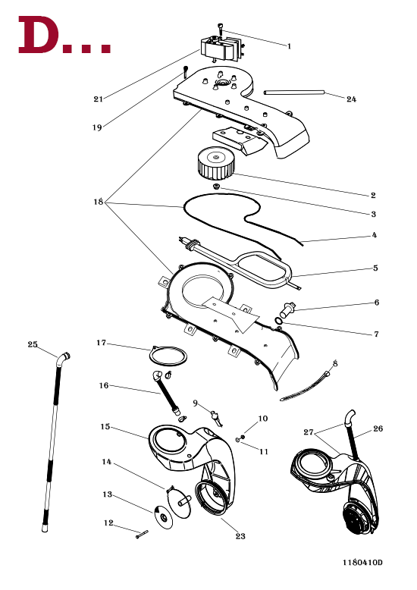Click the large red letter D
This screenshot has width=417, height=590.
pyautogui.click(x=39, y=35)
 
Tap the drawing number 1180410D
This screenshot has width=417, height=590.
pyautogui.click(x=362, y=562)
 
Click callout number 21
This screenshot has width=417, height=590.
pyautogui.click(x=99, y=99)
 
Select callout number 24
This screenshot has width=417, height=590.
pyautogui.click(x=351, y=99)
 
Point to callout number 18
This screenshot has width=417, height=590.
pyautogui.click(x=99, y=202)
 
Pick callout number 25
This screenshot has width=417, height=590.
pyautogui.click(x=33, y=344)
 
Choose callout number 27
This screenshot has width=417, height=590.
pyautogui.click(x=309, y=432)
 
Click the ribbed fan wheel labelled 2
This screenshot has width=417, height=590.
pyautogui.click(x=215, y=163)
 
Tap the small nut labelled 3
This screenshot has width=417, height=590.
pyautogui.click(x=216, y=187)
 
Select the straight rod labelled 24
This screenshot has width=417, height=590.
pyautogui.click(x=294, y=93)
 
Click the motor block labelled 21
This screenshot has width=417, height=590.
pyautogui.click(x=221, y=47)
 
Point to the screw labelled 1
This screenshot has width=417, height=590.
pyautogui.click(x=220, y=30)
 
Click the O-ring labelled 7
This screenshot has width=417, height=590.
pyautogui.click(x=278, y=321)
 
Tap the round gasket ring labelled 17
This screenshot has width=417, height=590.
pyautogui.click(x=168, y=355)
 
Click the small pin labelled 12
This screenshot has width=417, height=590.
pyautogui.click(x=143, y=534)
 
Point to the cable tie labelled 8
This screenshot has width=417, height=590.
pyautogui.click(x=306, y=386)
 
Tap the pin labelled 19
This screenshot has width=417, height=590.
pyautogui.click(x=186, y=71)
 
